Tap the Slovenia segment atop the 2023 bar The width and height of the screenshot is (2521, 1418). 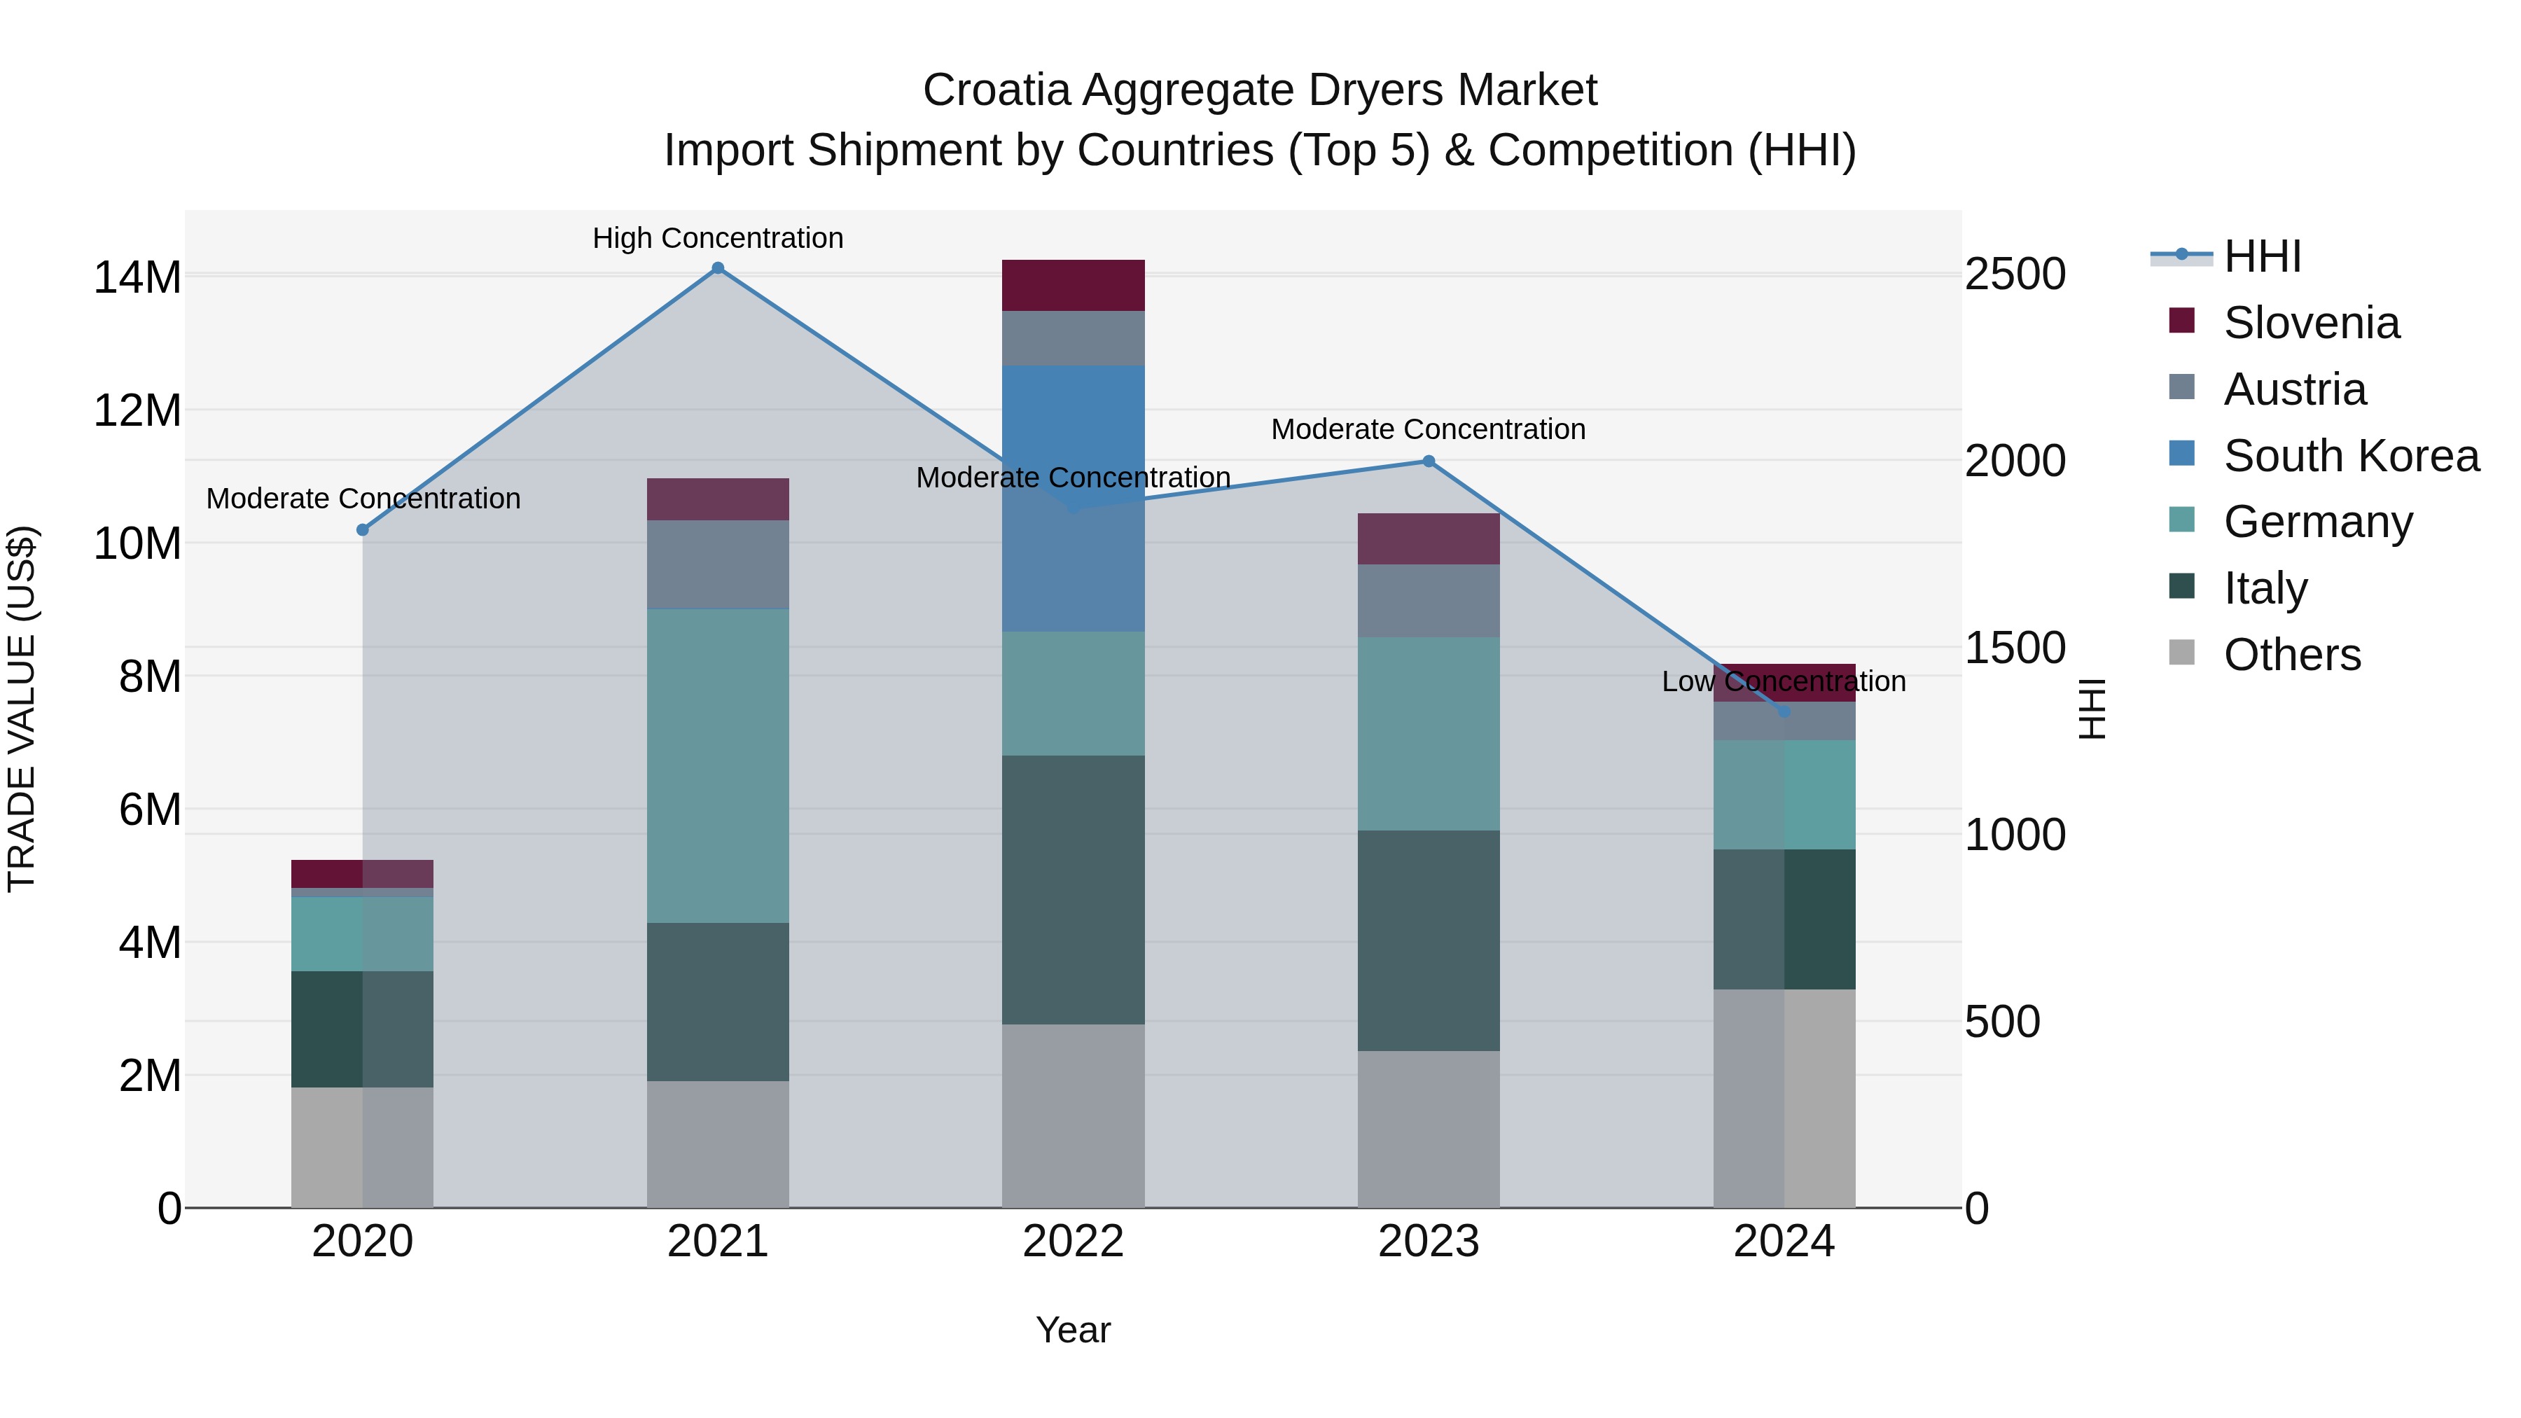pos(1428,538)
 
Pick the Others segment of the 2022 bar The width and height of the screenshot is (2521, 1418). pos(1073,1115)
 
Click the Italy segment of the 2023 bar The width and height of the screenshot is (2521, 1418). pos(1428,940)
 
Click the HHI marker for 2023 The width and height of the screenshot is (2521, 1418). pos(1428,461)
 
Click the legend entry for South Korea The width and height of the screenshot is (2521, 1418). pos(2351,456)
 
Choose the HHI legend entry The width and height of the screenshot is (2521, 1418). pos(2262,256)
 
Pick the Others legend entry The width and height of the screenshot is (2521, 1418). pos(2291,655)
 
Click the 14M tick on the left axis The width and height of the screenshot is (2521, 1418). pos(137,277)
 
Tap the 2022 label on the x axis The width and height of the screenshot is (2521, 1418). pos(1073,1242)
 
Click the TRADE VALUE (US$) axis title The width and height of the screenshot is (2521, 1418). pos(22,709)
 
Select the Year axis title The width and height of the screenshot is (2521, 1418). pos(1073,1330)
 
